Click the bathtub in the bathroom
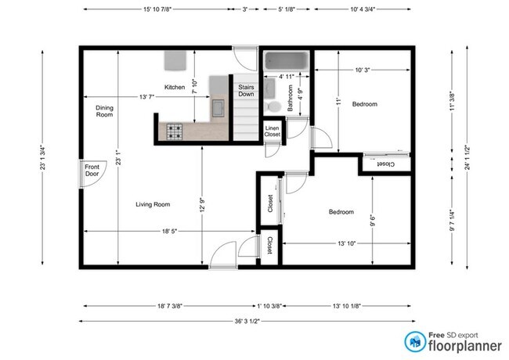(x=287, y=60)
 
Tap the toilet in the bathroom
(x=273, y=106)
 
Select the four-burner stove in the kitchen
(x=175, y=131)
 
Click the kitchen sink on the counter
(x=218, y=108)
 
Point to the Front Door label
(x=92, y=171)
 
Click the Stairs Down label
(x=246, y=91)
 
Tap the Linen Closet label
(x=272, y=131)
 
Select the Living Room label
(x=153, y=204)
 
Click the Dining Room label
(x=104, y=111)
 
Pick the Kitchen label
(x=175, y=87)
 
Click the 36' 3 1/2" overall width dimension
(x=247, y=321)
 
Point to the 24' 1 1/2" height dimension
(x=467, y=157)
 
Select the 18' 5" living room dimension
(x=169, y=231)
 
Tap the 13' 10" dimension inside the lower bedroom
(x=347, y=243)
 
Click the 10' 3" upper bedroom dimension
(x=363, y=70)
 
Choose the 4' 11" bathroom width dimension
(x=287, y=77)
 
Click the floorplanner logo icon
(x=415, y=342)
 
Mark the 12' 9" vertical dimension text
(x=202, y=205)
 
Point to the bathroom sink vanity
(x=269, y=88)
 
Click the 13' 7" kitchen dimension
(x=146, y=96)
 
